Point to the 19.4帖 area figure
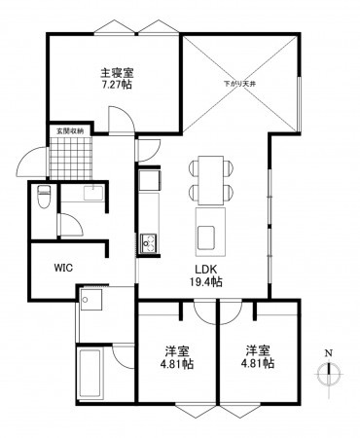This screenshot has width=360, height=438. click(206, 282)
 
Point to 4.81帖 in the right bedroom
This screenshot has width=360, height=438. click(258, 364)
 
